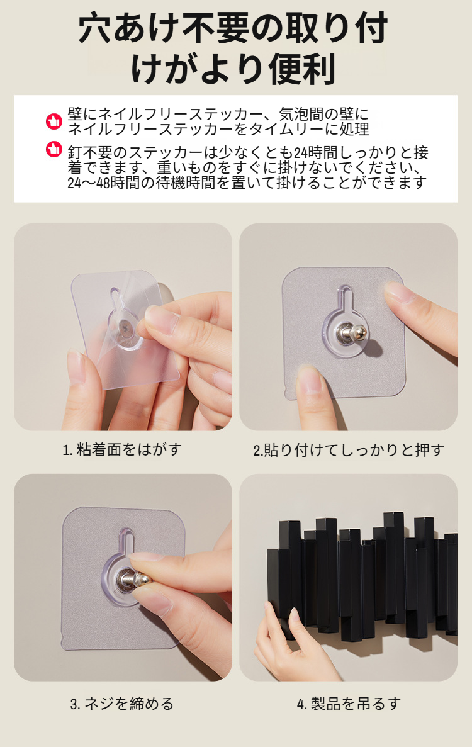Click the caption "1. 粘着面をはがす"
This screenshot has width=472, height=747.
tap(123, 449)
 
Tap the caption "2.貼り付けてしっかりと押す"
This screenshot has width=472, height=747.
tap(349, 450)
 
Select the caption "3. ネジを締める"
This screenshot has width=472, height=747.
tap(122, 703)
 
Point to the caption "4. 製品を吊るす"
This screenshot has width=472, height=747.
tap(349, 703)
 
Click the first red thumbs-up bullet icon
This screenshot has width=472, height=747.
tap(54, 121)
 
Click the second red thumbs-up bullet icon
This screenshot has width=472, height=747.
tap(54, 149)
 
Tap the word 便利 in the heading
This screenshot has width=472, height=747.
tap(302, 69)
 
